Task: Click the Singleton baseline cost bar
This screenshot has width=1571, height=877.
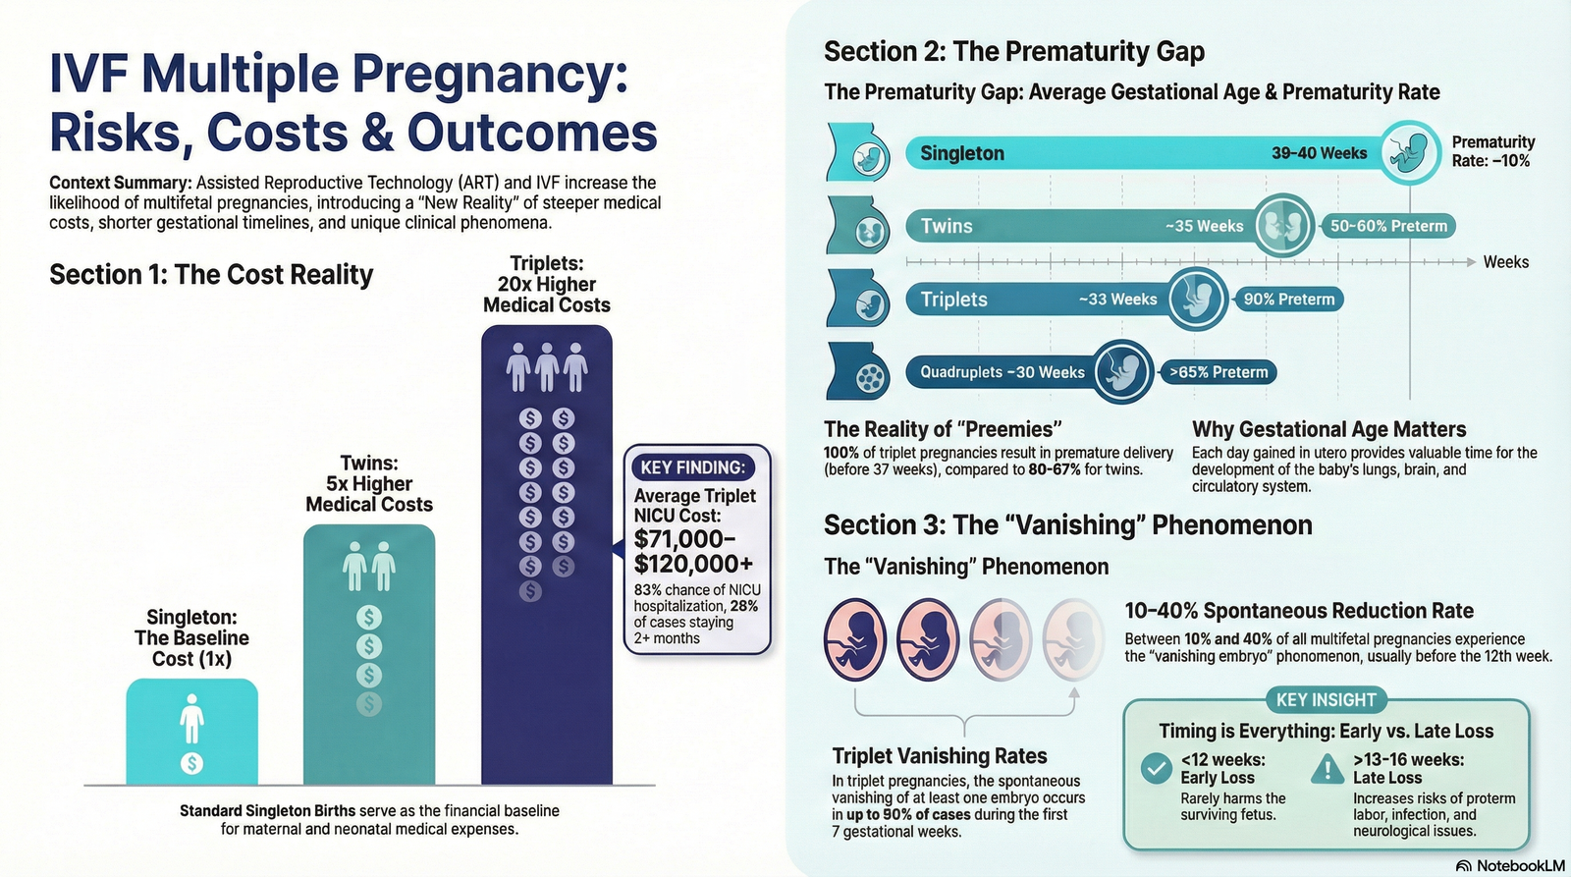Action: [x=192, y=731]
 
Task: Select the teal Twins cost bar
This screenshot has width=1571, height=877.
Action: [x=369, y=654]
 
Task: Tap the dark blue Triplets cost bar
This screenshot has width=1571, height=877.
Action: [x=546, y=554]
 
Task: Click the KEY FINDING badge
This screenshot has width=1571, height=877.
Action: [x=693, y=467]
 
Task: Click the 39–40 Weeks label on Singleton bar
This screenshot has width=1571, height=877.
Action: [x=1320, y=153]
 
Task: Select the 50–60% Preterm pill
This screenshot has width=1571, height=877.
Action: [x=1388, y=226]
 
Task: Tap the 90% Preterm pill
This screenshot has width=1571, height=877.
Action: [x=1289, y=299]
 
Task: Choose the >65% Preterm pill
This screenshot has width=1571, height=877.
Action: [x=1219, y=372]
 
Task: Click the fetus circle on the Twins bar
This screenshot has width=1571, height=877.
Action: [x=1283, y=226]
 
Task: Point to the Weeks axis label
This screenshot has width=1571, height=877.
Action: [x=1506, y=262]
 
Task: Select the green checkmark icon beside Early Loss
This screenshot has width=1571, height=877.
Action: [x=1156, y=768]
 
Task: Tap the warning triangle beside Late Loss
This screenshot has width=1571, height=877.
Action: [x=1327, y=769]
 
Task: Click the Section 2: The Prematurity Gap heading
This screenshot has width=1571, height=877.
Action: [x=1014, y=51]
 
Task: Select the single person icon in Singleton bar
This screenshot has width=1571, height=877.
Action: [x=191, y=719]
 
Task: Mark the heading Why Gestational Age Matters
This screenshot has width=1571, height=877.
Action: [x=1329, y=429]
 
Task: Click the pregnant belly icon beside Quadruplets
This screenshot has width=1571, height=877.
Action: [x=858, y=372]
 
